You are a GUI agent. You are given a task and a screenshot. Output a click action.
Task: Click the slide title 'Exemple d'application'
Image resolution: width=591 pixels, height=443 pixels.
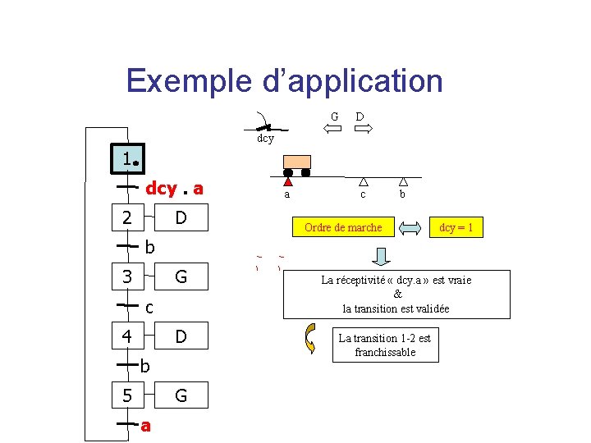pos(284,81)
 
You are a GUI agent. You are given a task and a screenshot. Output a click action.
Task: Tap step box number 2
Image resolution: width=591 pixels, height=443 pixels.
pos(127,218)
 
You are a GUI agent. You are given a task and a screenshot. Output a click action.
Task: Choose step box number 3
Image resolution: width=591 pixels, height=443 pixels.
pos(127,277)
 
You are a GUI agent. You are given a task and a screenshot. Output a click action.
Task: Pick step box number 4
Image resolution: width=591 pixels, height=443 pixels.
pos(127,336)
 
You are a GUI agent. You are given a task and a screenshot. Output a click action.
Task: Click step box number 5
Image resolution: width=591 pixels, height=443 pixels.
pos(127,395)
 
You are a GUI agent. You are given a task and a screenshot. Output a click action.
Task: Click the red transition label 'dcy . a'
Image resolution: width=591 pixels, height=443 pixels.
pos(174,190)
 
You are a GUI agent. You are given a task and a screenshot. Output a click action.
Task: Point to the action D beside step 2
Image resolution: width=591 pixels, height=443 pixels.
pos(181,218)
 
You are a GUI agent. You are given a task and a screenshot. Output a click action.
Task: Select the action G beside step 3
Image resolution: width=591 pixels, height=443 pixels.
pos(181,277)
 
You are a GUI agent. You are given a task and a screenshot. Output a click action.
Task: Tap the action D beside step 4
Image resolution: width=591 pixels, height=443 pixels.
pos(181,336)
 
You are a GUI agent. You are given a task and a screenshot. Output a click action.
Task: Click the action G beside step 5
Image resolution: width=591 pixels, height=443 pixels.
pos(181,395)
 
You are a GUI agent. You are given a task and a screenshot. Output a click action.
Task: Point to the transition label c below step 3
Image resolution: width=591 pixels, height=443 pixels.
pos(149,308)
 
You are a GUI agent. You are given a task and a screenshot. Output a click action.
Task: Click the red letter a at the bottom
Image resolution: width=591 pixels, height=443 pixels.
pos(145,426)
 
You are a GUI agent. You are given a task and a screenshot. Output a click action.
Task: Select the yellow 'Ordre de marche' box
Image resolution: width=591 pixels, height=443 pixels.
pos(343,227)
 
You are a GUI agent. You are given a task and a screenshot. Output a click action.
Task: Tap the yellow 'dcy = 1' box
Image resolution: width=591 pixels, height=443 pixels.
pos(456,227)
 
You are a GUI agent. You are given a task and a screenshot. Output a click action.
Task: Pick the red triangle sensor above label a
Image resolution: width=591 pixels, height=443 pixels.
pos(287,183)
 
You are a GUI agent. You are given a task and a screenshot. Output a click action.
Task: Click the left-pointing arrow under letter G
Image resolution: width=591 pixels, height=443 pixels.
pos(332,129)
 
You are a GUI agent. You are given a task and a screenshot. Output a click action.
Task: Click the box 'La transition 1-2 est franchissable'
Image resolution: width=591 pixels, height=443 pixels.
pos(385,345)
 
